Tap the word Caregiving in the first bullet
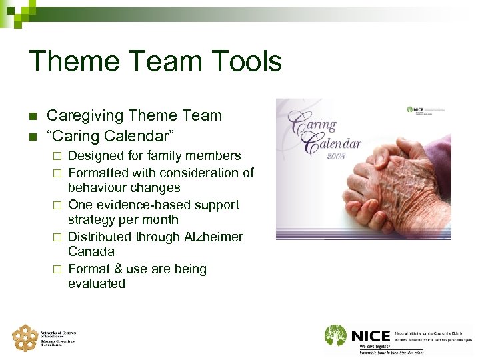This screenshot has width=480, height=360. point(85,115)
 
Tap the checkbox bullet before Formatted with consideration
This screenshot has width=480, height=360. point(57,173)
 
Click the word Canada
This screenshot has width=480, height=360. point(91,252)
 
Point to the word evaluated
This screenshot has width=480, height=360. point(96,284)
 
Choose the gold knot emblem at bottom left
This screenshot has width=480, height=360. point(25,337)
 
